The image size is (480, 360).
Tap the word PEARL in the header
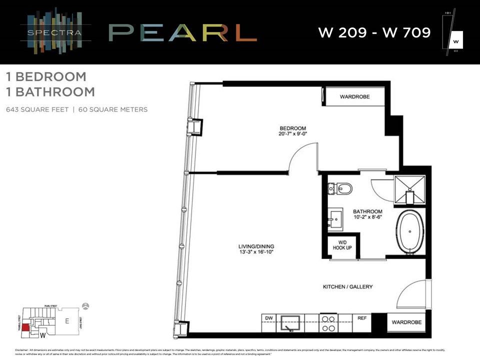point(182,33)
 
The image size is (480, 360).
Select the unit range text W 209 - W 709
point(374,33)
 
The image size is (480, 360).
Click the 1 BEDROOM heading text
point(46,77)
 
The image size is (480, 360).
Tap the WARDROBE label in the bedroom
point(354,96)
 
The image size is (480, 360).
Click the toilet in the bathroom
point(341,189)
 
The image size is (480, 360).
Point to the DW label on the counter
point(268,317)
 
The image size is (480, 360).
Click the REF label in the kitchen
point(361,317)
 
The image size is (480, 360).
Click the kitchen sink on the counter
point(289,323)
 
